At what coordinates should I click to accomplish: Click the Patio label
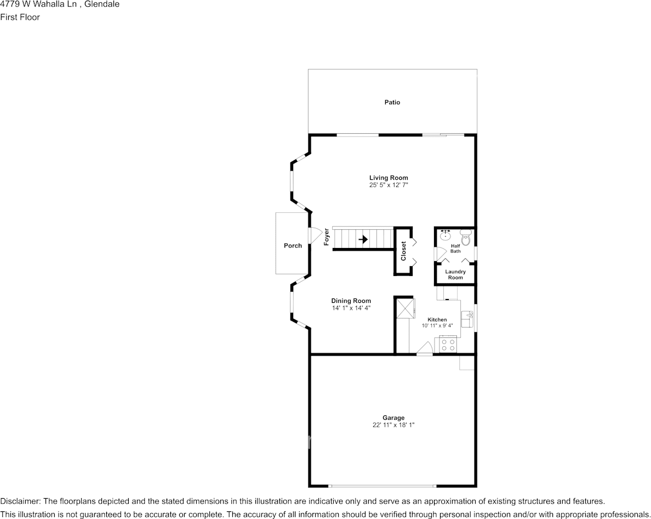pyautogui.click(x=392, y=102)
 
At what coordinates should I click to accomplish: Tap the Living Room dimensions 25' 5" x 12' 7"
pyautogui.click(x=389, y=185)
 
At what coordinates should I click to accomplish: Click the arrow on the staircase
pyautogui.click(x=363, y=239)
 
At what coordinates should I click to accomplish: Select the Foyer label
pyautogui.click(x=327, y=236)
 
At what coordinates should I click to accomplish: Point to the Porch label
pyautogui.click(x=293, y=246)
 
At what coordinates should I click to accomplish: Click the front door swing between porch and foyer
pyautogui.click(x=315, y=235)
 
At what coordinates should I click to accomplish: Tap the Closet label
pyautogui.click(x=404, y=251)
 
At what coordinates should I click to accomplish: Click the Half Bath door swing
pyautogui.click(x=440, y=254)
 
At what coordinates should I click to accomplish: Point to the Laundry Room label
pyautogui.click(x=455, y=274)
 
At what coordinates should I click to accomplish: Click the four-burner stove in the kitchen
pyautogui.click(x=448, y=345)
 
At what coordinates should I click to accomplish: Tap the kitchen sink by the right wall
pyautogui.click(x=467, y=315)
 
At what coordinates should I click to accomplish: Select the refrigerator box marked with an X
pyautogui.click(x=406, y=308)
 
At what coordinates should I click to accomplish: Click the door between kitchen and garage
pyautogui.click(x=424, y=349)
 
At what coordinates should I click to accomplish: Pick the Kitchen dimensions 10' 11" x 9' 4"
pyautogui.click(x=437, y=326)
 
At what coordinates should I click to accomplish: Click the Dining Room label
pyautogui.click(x=351, y=301)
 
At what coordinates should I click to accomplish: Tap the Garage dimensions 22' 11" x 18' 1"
pyautogui.click(x=393, y=425)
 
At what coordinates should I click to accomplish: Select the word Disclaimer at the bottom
pyautogui.click(x=19, y=501)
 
